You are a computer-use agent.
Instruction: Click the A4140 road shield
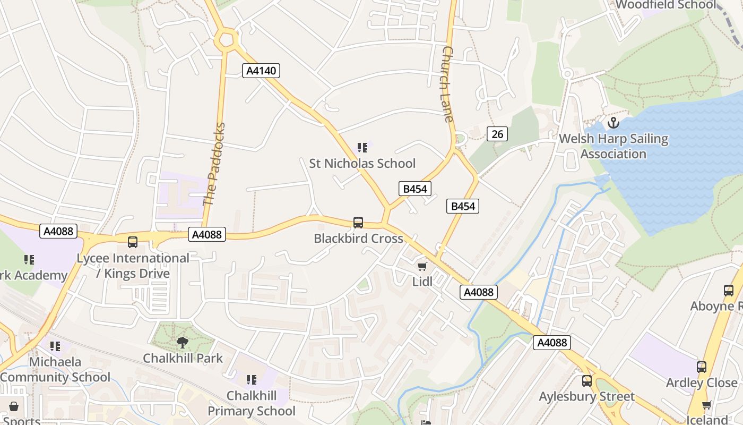point(261,71)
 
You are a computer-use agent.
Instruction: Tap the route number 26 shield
point(497,134)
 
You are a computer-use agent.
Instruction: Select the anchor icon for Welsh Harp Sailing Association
point(614,123)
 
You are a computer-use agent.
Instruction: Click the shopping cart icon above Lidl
point(422,266)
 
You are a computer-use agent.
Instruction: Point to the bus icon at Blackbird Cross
point(358,223)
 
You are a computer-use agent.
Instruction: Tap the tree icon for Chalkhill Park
point(183,343)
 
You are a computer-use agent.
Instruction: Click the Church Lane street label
point(448,84)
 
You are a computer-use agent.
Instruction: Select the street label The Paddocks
point(214,164)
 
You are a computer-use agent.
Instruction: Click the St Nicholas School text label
point(362,163)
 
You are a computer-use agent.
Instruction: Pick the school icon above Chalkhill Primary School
point(252,380)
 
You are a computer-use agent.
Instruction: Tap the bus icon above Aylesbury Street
point(586,380)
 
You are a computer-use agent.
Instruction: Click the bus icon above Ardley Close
point(702,367)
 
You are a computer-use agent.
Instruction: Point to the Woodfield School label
point(666,5)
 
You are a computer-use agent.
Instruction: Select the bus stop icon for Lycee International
point(133,242)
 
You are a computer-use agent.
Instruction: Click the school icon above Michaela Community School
point(55,346)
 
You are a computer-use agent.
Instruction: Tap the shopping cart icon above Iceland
point(706,405)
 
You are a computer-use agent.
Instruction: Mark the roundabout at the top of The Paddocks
point(226,39)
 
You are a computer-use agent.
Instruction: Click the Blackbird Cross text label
point(359,239)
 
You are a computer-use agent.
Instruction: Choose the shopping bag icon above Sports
point(14,406)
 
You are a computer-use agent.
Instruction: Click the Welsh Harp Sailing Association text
point(614,147)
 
